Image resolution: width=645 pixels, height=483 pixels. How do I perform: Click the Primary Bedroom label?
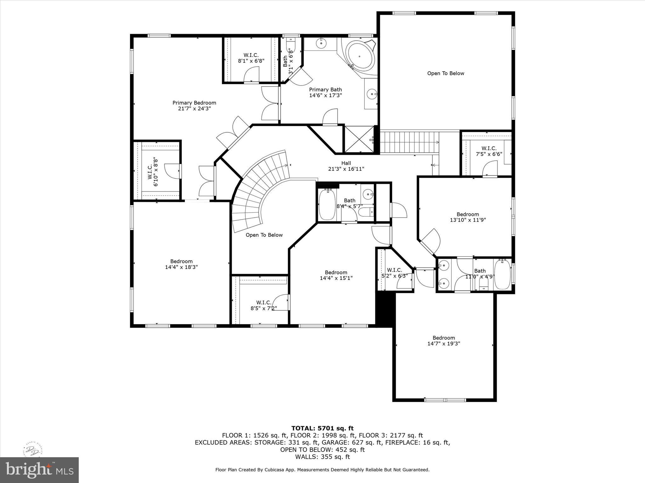tap(194, 103)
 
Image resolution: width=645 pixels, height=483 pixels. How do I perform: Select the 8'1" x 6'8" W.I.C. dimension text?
tap(251, 61)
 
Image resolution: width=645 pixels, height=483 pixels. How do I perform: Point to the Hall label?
tap(346, 163)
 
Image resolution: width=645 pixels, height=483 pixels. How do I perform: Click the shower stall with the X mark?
tap(359, 139)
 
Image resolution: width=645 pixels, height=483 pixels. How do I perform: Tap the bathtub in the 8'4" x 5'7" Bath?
tap(327, 205)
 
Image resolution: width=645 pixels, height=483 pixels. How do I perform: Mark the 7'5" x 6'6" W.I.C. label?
tap(488, 148)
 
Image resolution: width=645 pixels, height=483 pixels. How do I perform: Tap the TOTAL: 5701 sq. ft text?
tap(322, 428)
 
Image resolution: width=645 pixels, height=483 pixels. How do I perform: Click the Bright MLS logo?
tap(39, 470)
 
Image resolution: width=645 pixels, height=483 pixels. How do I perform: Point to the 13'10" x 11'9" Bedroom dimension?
tap(468, 220)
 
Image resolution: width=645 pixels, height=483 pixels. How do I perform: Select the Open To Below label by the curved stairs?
tap(264, 235)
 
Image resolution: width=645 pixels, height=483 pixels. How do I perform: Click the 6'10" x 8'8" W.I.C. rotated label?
tap(152, 172)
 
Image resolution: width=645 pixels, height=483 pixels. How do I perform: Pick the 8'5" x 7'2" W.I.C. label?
tap(264, 303)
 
